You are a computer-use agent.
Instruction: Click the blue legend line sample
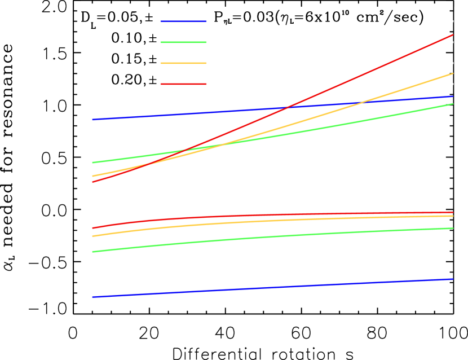point(183,21)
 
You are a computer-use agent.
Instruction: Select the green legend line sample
point(183,42)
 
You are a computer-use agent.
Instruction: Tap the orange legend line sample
point(183,63)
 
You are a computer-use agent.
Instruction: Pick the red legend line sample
point(183,84)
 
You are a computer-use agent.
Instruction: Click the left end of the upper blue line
point(92,120)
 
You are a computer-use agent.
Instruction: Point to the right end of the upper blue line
point(453,96)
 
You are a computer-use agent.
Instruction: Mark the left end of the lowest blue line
point(92,297)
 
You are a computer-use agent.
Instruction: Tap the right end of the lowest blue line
point(453,279)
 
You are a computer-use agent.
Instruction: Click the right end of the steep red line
point(453,35)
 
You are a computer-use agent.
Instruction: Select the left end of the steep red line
point(92,182)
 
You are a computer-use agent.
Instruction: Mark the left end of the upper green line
point(92,163)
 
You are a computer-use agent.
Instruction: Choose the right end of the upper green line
point(453,104)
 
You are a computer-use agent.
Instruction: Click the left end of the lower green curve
point(92,252)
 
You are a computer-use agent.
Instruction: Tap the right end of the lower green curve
point(453,229)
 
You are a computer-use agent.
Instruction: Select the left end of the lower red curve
point(92,228)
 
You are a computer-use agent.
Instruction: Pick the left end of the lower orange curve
point(92,236)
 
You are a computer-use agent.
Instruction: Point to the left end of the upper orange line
point(92,176)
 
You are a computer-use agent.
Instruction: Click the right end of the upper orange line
point(453,73)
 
